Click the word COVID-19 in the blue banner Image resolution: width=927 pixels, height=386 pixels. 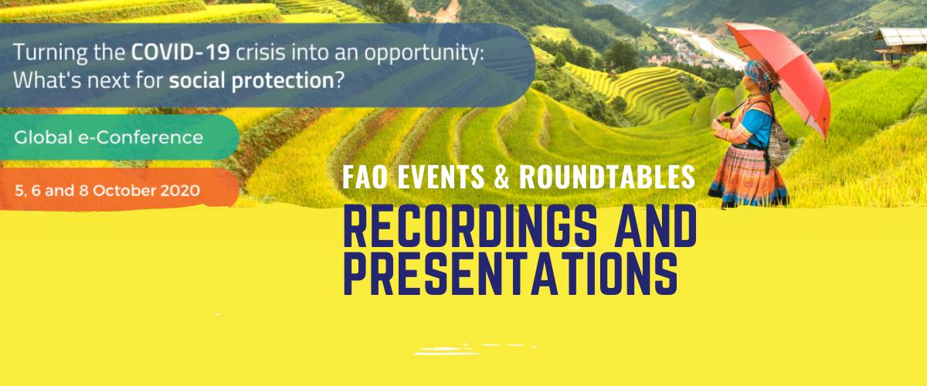coord(181,52)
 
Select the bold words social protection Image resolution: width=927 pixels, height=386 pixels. coord(252,80)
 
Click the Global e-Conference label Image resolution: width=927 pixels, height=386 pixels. coord(108,137)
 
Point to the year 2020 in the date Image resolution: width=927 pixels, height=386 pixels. coord(180,191)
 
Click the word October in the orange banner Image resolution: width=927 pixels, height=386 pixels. coord(124,191)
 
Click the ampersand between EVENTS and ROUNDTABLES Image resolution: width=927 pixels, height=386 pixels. coord(501,177)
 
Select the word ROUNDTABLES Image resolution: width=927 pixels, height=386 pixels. coord(607,177)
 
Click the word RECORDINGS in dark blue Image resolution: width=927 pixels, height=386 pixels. coord(470,227)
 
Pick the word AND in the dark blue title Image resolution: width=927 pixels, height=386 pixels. coord(656,227)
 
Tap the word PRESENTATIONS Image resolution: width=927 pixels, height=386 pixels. coord(511,273)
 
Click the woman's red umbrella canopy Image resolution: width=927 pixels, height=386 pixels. coord(782,70)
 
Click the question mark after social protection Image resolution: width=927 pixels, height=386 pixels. coord(339,80)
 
